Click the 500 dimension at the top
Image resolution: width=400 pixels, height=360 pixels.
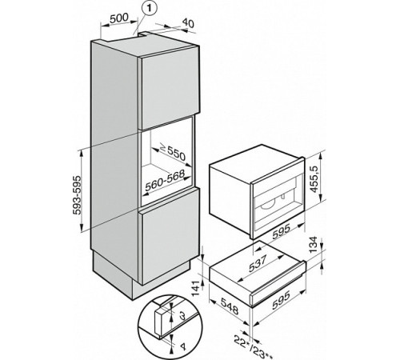118,18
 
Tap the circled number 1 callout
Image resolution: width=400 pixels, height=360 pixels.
149,9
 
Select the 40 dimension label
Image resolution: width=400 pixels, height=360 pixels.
188,23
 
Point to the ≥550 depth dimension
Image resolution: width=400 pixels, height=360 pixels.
173,152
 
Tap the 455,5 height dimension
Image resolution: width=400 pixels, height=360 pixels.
315,178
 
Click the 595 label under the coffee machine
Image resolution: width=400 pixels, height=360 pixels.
281,231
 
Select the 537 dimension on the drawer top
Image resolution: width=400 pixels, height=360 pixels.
258,264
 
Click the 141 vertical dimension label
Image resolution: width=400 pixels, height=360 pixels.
196,289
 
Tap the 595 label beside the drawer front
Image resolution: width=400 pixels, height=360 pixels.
281,301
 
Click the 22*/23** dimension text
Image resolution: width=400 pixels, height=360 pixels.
254,344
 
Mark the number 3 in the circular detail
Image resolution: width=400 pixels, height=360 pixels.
182,316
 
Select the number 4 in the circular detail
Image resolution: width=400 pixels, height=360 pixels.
182,347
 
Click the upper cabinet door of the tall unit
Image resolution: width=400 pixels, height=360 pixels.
169,88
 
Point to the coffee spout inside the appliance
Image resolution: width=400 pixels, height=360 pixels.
282,197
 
